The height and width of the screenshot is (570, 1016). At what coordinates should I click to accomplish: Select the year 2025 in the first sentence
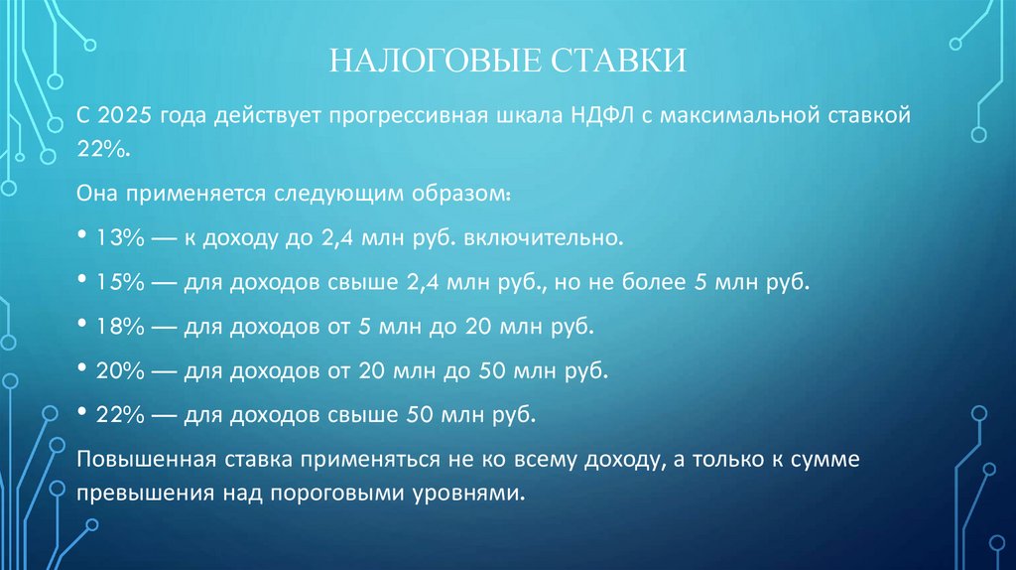pos(125,116)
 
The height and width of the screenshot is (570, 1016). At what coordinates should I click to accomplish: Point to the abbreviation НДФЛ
pos(604,116)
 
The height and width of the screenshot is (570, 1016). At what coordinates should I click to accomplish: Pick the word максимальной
pos(741,116)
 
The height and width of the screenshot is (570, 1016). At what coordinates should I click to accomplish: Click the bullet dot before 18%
pos(81,325)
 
